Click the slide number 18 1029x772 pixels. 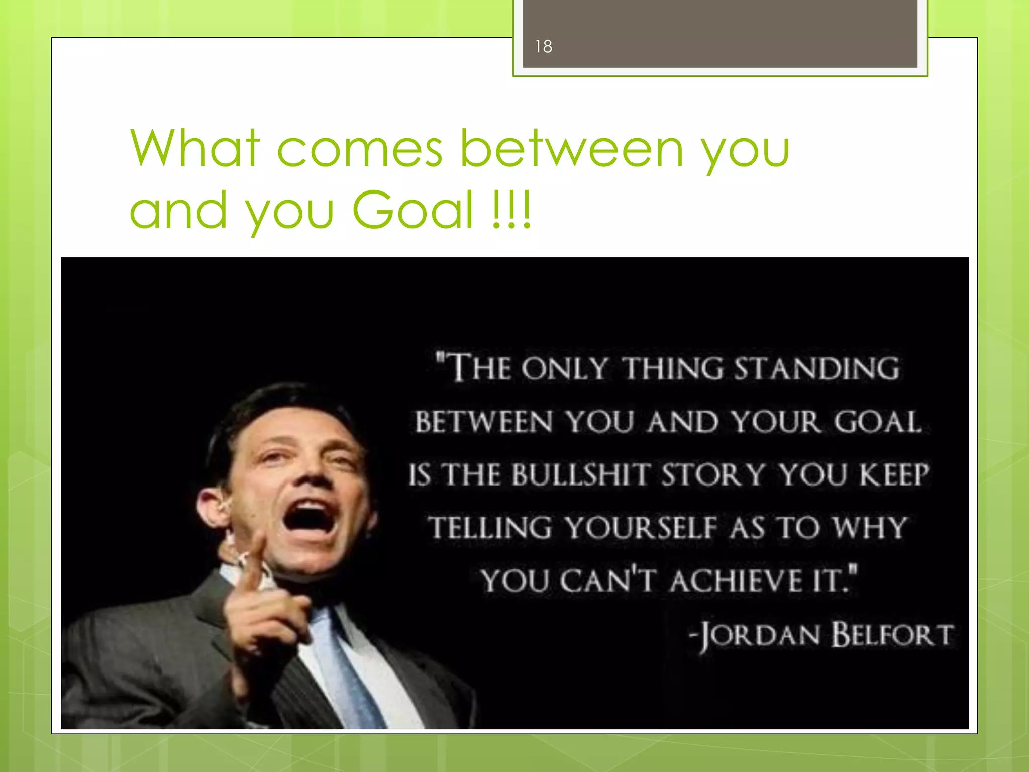pos(543,47)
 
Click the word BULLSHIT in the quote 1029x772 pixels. pos(581,474)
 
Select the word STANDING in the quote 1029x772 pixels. pos(816,368)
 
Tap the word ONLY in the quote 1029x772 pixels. pos(564,368)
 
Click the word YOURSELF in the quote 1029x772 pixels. pos(641,528)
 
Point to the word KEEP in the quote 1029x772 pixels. pos(894,474)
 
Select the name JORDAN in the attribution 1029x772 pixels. pos(759,635)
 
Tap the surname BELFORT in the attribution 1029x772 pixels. pos(892,634)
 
